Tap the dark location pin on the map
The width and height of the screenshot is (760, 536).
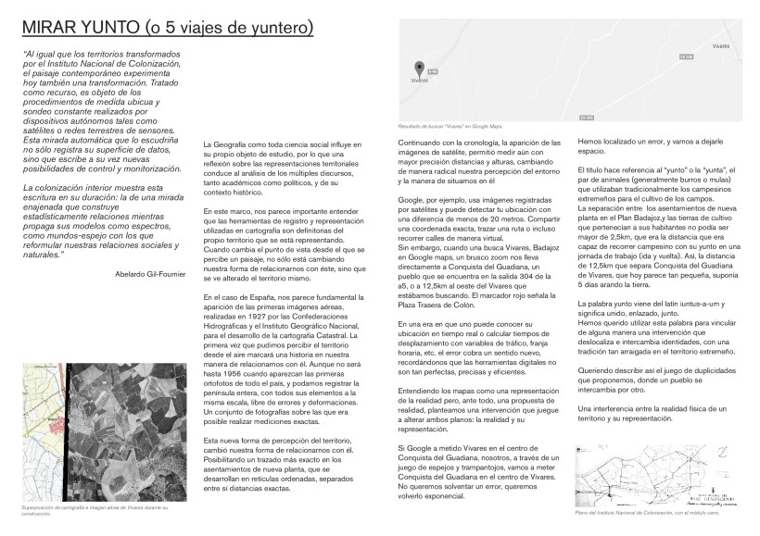(x=418, y=68)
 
